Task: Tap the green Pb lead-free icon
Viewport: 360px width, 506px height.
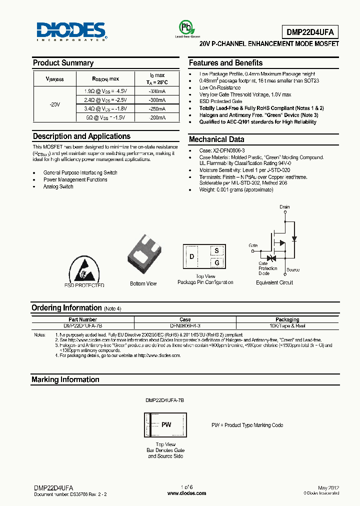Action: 186,27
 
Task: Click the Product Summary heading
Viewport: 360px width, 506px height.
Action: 63,63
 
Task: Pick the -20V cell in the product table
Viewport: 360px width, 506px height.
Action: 54,104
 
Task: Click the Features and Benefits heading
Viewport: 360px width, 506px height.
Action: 225,63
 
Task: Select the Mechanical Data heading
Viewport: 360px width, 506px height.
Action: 216,139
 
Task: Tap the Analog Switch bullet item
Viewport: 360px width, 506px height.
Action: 58,186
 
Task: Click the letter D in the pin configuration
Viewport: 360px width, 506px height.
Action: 191,257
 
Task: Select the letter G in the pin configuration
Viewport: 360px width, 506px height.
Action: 216,262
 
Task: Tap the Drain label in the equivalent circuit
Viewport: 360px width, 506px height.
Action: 284,206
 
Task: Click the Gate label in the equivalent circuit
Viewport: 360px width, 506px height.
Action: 253,245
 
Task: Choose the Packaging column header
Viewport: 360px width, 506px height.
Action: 287,319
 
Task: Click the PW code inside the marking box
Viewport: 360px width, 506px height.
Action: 166,424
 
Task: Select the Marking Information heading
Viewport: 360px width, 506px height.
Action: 65,379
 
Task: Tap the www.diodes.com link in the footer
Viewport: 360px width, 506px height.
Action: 186,493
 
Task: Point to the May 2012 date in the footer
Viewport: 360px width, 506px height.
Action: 328,487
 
